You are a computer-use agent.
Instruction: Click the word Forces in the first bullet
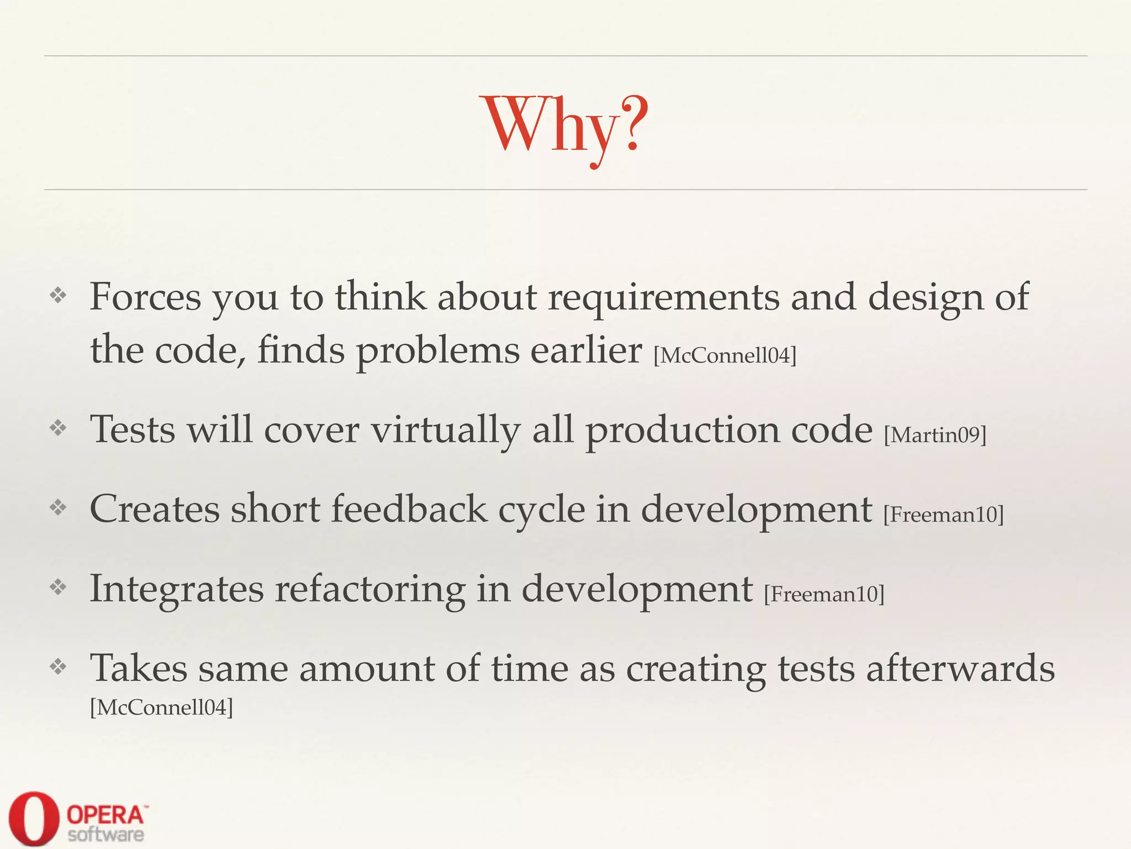tap(145, 297)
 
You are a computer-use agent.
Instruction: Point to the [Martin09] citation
tap(934, 435)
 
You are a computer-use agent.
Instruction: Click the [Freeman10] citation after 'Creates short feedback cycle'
tap(943, 515)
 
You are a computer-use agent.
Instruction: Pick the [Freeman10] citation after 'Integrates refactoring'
tap(824, 594)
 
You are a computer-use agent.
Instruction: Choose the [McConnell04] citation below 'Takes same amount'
tap(161, 707)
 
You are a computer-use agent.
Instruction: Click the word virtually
tap(445, 430)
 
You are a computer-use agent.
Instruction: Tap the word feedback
tap(409, 509)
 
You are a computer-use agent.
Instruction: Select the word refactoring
tap(370, 589)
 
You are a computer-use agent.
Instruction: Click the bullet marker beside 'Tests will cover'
tap(58, 428)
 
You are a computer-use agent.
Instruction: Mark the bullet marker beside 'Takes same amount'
tap(58, 667)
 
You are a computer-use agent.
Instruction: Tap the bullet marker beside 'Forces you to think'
tap(58, 295)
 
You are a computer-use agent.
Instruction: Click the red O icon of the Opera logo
tap(34, 819)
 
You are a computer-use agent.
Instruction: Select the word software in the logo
tap(105, 834)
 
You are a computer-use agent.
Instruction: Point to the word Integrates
tap(177, 589)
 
